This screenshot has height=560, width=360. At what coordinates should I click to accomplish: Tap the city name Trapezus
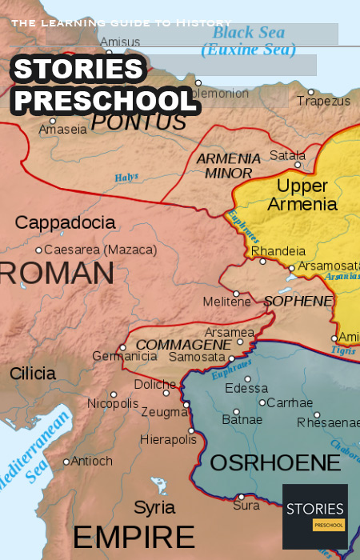click(x=323, y=101)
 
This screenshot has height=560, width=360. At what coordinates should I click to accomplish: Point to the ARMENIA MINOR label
click(x=229, y=165)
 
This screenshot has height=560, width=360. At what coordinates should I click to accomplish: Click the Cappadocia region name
click(x=65, y=222)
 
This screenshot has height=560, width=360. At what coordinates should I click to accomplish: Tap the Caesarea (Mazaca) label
click(x=101, y=250)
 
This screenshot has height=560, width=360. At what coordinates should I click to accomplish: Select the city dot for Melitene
click(x=236, y=294)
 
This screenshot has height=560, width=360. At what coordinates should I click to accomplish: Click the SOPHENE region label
click(x=298, y=301)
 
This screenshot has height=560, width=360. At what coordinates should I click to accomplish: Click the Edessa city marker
click(x=247, y=379)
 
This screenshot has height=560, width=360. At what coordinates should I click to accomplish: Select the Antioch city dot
click(x=66, y=462)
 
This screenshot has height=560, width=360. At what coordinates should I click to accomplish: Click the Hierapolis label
click(x=168, y=439)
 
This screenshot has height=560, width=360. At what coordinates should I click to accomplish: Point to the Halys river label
click(x=126, y=178)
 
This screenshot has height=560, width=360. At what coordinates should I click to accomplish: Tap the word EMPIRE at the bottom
click(x=134, y=536)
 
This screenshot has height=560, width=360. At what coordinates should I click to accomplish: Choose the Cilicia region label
click(x=33, y=373)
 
